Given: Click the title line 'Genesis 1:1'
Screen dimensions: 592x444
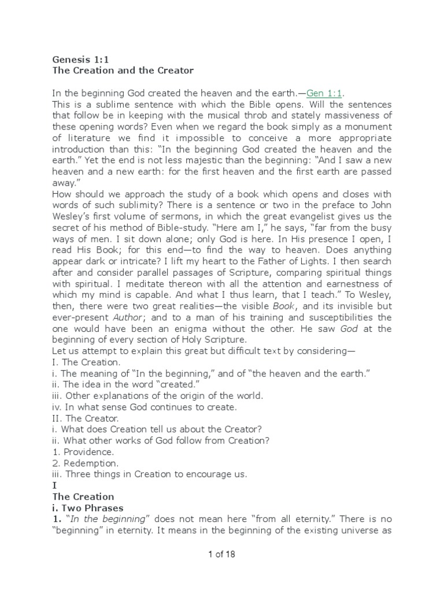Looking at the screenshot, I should pyautogui.click(x=77, y=59).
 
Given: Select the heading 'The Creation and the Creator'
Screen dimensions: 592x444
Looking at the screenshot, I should pyautogui.click(x=123, y=71).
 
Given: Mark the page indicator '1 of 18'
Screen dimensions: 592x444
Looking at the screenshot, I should pyautogui.click(x=221, y=556).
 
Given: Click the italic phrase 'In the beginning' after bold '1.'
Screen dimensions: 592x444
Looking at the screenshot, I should pyautogui.click(x=102, y=519).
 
